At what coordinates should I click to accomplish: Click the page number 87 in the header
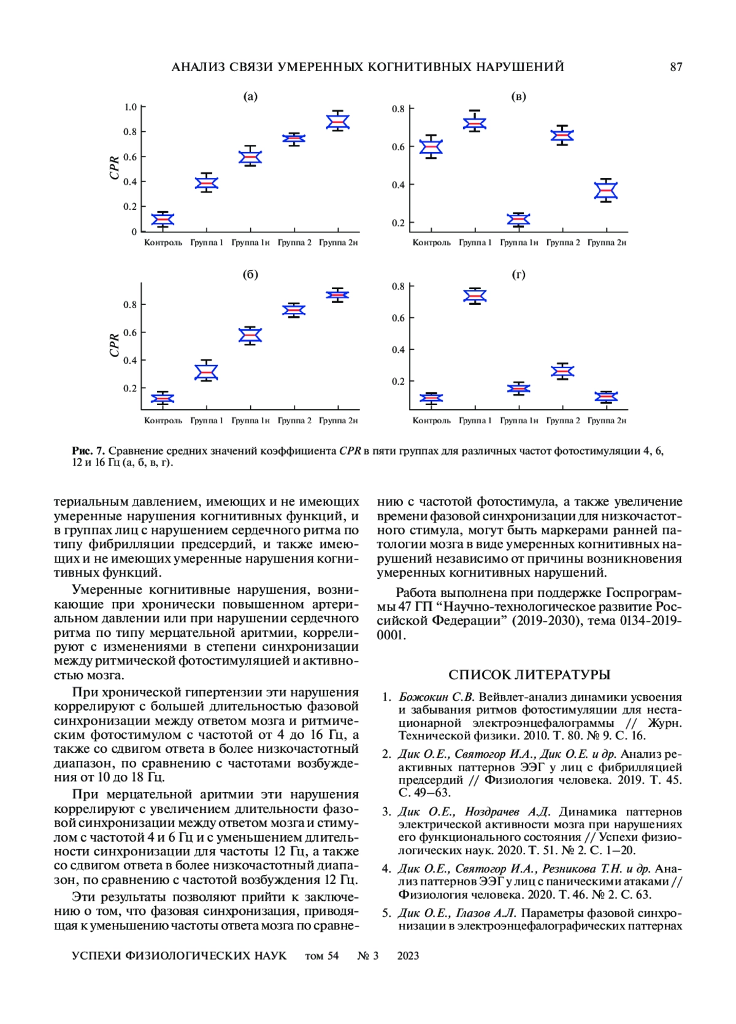click(x=676, y=67)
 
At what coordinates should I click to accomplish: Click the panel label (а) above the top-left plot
click(x=250, y=96)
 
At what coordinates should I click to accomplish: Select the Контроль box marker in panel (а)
click(x=163, y=220)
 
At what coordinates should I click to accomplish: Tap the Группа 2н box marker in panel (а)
click(x=338, y=122)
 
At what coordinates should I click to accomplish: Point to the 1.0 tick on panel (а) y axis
click(x=131, y=107)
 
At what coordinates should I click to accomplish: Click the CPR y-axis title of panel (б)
click(x=115, y=345)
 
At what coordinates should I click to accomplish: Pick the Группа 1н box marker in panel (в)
click(x=519, y=220)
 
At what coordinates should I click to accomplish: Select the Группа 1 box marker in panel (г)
click(x=475, y=296)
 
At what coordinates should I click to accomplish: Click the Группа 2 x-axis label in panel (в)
click(x=563, y=243)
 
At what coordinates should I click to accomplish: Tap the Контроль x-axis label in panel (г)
click(x=431, y=421)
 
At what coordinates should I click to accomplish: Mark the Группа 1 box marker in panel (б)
click(x=206, y=372)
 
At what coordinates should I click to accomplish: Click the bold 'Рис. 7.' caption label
click(x=88, y=451)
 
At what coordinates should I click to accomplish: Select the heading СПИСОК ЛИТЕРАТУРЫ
click(x=529, y=675)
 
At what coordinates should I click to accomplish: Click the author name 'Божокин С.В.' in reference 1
click(x=437, y=697)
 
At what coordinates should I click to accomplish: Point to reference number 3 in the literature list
click(x=386, y=812)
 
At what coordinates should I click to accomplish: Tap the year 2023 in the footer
click(x=408, y=956)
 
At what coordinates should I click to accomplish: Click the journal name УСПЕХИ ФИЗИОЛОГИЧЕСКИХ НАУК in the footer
click(x=179, y=956)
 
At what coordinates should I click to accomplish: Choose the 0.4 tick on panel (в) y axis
click(x=399, y=185)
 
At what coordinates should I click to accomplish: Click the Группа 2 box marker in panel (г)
click(x=562, y=371)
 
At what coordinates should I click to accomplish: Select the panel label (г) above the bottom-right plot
click(x=519, y=275)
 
